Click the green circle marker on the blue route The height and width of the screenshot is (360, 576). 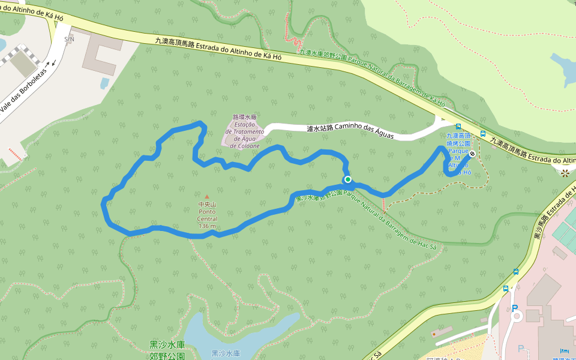(x=347, y=179)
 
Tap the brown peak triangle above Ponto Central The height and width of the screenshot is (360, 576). (x=207, y=196)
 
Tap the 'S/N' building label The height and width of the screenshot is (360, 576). (x=70, y=39)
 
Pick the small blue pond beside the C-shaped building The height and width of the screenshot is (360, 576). (x=105, y=83)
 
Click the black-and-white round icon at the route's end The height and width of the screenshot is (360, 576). (x=472, y=154)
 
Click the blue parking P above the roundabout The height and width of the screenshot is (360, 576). (x=514, y=308)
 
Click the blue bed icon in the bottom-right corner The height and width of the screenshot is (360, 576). (x=564, y=350)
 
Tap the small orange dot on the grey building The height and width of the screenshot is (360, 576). (x=434, y=334)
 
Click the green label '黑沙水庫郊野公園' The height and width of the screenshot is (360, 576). (x=167, y=350)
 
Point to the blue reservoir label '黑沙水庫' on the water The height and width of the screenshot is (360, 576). (x=226, y=353)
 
